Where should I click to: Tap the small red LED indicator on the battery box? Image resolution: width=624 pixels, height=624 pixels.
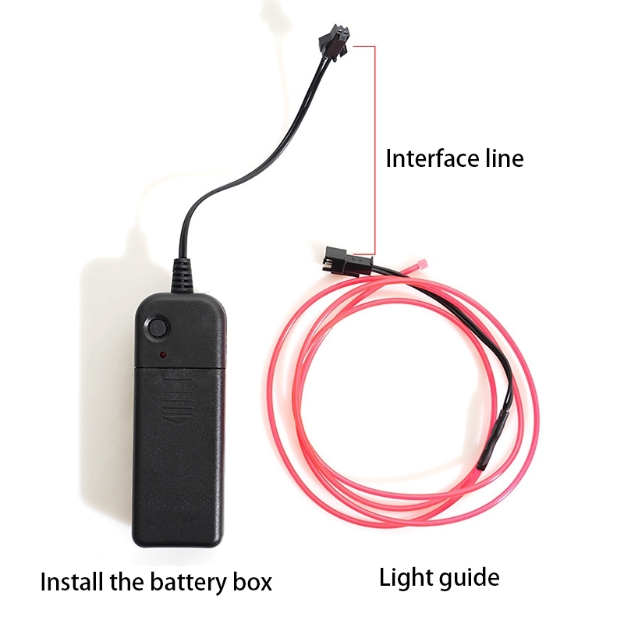(163, 354)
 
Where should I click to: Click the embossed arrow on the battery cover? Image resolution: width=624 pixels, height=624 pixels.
(179, 400)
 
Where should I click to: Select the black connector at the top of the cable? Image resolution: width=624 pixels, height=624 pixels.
(333, 42)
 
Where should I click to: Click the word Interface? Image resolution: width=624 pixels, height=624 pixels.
(432, 158)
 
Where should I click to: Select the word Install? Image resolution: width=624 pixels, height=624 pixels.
(70, 582)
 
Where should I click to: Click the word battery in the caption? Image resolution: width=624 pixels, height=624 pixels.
(190, 582)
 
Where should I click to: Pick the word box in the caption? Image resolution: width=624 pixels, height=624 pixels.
(253, 582)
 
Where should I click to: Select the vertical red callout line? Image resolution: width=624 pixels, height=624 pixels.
(374, 150)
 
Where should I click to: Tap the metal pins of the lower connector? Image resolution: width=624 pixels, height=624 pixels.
(324, 263)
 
